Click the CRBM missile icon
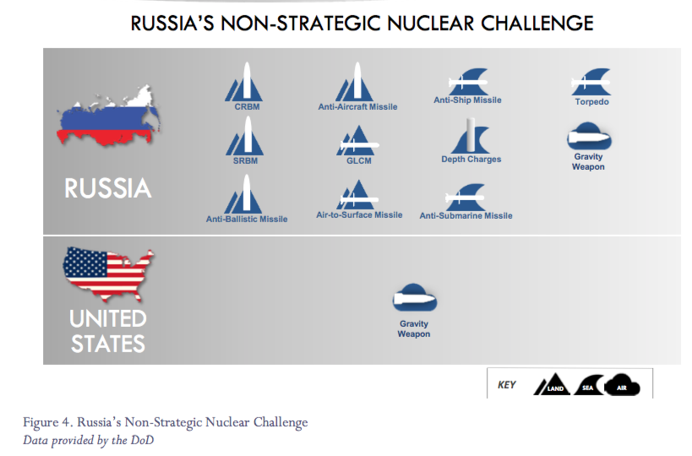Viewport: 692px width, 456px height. click(x=244, y=83)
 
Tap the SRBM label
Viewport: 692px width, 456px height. click(x=245, y=161)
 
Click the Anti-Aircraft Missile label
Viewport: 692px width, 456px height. click(x=357, y=106)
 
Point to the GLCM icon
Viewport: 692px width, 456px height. click(x=357, y=141)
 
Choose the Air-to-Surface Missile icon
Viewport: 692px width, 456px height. click(x=357, y=194)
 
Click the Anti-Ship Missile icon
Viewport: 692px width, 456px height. click(x=468, y=82)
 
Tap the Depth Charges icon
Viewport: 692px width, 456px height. click(x=470, y=136)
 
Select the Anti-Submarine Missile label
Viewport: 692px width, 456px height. click(x=466, y=215)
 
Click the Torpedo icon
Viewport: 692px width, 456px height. click(x=591, y=82)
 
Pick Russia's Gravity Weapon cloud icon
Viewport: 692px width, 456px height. click(x=589, y=137)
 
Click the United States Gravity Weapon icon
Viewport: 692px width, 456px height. click(x=414, y=298)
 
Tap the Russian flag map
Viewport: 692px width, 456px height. click(x=108, y=116)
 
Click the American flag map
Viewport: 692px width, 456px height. click(x=107, y=274)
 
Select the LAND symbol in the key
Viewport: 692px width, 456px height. click(x=552, y=384)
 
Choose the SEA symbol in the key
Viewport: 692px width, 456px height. click(x=589, y=385)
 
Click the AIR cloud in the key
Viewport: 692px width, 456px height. click(x=622, y=385)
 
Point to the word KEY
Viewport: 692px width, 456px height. click(x=507, y=385)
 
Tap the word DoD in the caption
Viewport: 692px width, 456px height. click(x=142, y=440)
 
